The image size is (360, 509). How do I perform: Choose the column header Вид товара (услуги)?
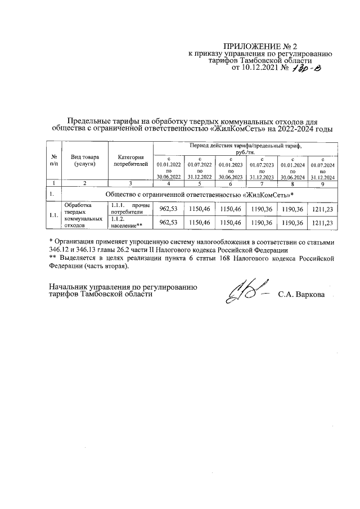click(82, 160)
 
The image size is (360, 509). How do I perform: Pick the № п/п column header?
click(52, 160)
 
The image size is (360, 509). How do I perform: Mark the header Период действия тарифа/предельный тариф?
click(245, 148)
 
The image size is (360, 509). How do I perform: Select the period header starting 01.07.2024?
click(322, 168)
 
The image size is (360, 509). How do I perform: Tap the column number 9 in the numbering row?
click(322, 183)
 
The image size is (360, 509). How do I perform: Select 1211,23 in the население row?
click(322, 223)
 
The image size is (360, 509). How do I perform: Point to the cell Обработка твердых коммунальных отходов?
click(83, 215)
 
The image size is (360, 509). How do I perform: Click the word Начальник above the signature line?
click(70, 286)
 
